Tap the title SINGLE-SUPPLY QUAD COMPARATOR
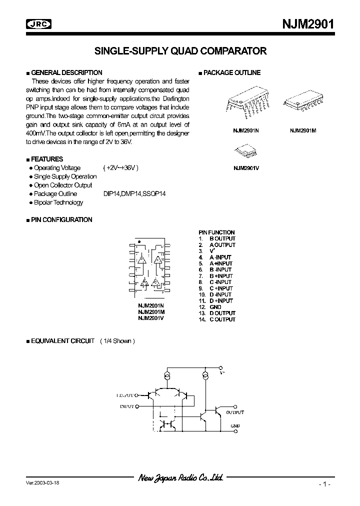pos(180,50)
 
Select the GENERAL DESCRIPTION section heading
pos(66,72)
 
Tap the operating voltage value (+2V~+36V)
pos(120,168)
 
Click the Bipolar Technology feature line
pos(58,202)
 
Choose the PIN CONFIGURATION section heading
pos(61,219)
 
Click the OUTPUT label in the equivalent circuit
pos(234,412)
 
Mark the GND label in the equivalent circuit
pos(235,426)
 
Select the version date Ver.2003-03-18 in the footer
pos(45,483)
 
